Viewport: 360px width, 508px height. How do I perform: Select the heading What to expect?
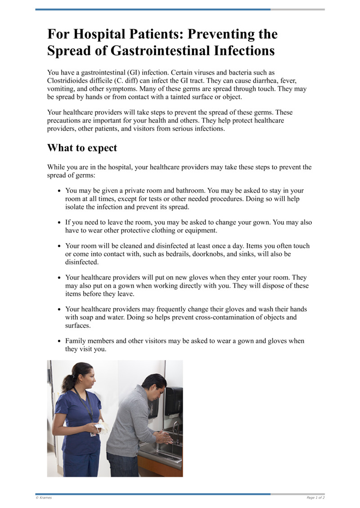(x=82, y=148)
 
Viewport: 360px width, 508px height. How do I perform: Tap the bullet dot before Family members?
(x=59, y=342)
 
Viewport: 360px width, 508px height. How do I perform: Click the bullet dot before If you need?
(x=59, y=223)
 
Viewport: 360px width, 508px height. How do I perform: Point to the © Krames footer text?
(x=44, y=498)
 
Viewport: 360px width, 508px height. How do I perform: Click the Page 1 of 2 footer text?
(x=315, y=498)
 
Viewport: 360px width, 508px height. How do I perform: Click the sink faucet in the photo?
(x=176, y=427)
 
